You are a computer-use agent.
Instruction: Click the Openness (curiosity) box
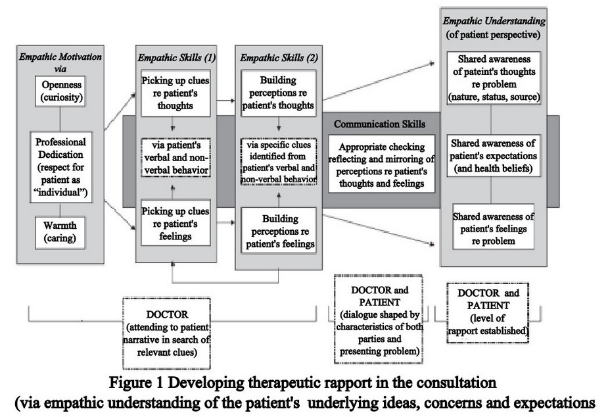click(60, 91)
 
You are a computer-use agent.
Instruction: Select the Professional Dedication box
click(61, 167)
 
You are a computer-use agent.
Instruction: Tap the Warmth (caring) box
click(60, 232)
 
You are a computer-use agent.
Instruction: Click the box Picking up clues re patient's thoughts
click(175, 93)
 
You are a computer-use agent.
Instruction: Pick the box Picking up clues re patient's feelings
click(175, 223)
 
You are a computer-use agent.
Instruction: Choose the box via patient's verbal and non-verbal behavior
click(175, 158)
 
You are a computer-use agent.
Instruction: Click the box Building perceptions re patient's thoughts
click(279, 93)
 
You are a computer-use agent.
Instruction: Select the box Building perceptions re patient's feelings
click(279, 231)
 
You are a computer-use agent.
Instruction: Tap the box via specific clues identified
click(279, 161)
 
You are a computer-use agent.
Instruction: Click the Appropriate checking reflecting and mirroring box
click(381, 164)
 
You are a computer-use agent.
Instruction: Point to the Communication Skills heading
click(380, 124)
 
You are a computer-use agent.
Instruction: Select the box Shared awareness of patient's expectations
click(493, 155)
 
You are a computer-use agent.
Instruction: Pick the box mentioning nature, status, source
click(494, 78)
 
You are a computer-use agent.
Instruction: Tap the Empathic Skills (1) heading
click(176, 58)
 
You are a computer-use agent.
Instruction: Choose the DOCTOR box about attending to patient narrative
click(167, 333)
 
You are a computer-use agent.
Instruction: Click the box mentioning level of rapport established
click(488, 312)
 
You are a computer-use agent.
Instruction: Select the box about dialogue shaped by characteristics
click(379, 319)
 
